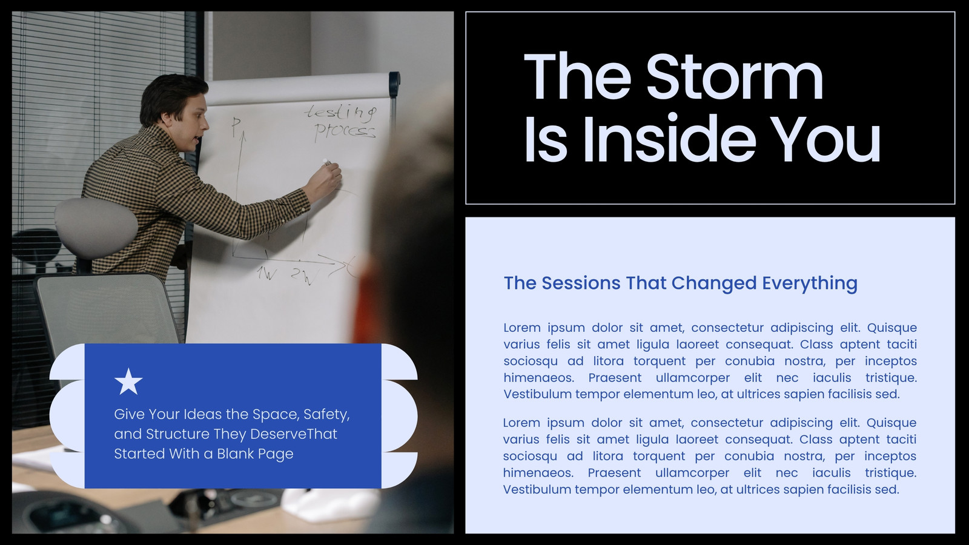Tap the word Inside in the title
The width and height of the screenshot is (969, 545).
point(669,139)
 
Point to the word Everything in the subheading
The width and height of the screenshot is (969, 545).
point(809,284)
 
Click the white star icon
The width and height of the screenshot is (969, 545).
point(128,381)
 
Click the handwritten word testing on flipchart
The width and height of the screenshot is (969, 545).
point(340,113)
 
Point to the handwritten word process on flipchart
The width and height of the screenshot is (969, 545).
point(345,130)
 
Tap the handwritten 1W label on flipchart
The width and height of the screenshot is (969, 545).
point(267,273)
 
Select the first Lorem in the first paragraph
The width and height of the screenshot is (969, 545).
point(522,328)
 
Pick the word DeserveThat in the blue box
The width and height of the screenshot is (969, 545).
point(293,434)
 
